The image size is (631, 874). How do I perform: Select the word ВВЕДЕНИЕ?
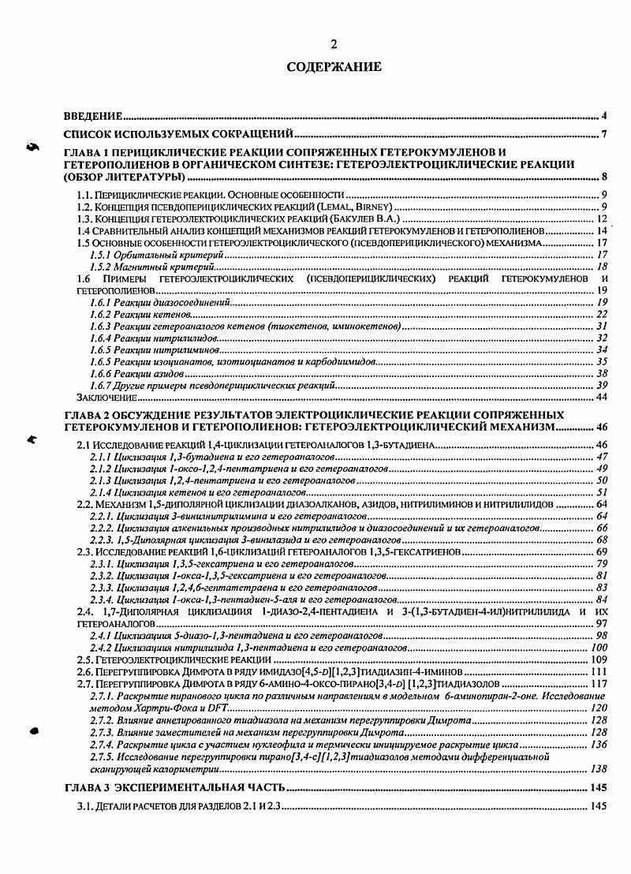click(93, 115)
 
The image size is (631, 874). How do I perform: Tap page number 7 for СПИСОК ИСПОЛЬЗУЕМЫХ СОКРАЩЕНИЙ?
click(603, 133)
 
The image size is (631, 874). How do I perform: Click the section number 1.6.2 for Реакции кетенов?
click(99, 314)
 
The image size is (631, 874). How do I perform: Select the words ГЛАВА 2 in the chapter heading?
click(87, 414)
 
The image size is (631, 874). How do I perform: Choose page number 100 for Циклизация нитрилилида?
click(598, 646)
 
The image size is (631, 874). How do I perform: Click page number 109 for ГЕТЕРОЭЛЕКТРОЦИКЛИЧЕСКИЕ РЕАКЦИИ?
click(597, 659)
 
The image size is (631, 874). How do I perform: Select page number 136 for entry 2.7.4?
click(597, 744)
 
